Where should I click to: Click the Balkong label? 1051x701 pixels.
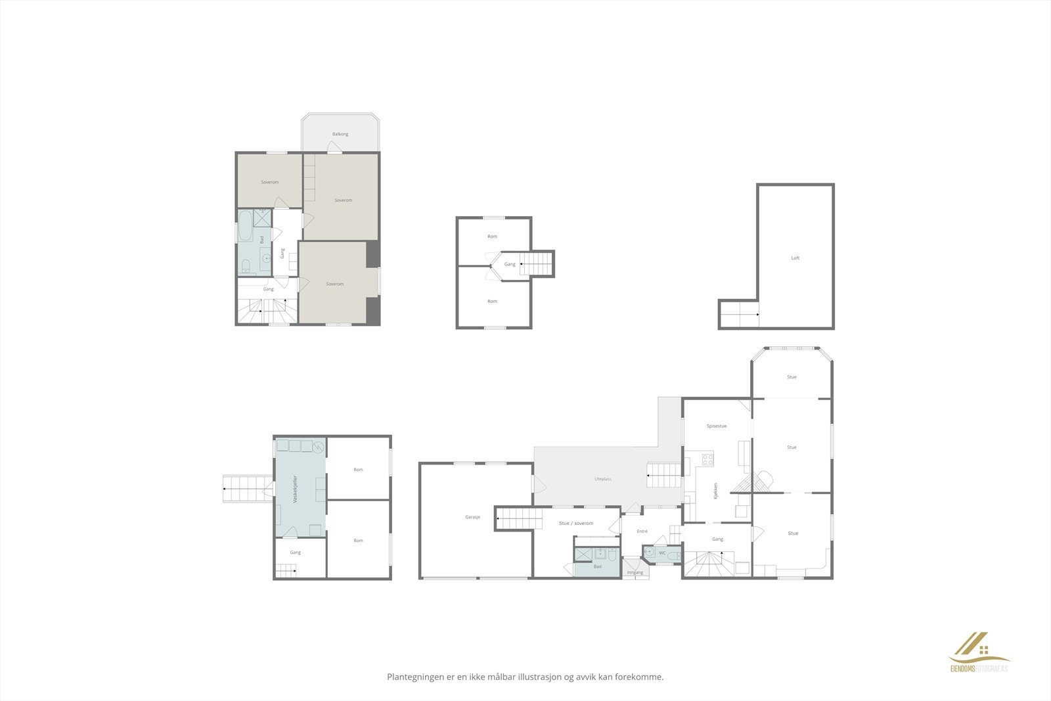tap(340, 134)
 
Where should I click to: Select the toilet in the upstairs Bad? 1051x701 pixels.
tap(245, 267)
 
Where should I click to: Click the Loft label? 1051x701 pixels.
tap(795, 258)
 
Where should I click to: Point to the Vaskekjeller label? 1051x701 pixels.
tap(296, 489)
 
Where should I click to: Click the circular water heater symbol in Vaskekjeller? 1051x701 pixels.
tap(319, 447)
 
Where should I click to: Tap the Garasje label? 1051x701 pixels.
tap(472, 517)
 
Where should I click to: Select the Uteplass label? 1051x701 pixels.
tap(603, 479)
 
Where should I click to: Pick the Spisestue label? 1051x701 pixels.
tap(717, 426)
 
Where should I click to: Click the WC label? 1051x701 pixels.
tap(662, 553)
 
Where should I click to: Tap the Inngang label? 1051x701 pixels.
tap(635, 572)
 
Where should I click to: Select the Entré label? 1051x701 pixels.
tap(642, 531)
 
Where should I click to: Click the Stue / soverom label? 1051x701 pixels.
tap(576, 523)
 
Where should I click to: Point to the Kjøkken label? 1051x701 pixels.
tap(715, 490)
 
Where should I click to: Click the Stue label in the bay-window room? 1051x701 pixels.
tap(792, 377)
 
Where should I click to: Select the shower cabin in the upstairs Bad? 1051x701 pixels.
tap(263, 217)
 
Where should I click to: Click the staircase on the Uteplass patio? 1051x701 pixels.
tap(663, 474)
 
